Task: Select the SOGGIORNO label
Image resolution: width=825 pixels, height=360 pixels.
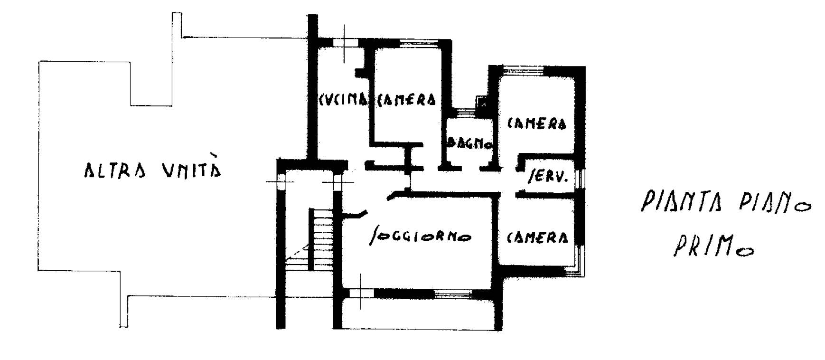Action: click(420, 236)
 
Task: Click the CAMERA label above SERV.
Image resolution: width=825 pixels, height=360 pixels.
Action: click(537, 123)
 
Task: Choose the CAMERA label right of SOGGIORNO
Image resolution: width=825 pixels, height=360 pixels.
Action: click(538, 237)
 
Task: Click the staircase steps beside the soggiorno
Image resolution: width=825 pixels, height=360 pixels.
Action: click(320, 239)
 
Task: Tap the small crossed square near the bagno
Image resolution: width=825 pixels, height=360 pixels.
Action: click(482, 101)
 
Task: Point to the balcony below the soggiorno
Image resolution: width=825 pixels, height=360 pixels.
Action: click(418, 313)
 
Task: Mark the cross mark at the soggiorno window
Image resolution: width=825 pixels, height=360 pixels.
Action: click(360, 293)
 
